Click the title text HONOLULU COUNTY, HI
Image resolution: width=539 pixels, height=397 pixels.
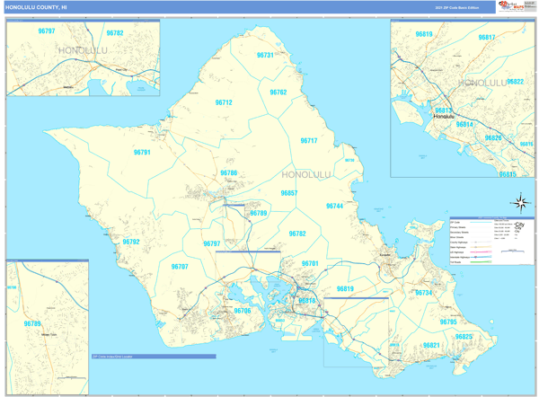[36, 7]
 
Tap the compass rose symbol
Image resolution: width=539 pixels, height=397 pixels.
[522, 203]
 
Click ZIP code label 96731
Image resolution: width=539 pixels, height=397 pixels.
[265, 56]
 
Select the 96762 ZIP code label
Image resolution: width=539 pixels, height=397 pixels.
[278, 93]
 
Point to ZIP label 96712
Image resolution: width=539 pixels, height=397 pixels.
[224, 103]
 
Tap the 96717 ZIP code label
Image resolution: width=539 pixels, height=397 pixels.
[308, 141]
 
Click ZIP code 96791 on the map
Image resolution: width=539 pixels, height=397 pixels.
[142, 153]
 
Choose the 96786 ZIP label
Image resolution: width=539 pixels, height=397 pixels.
[229, 173]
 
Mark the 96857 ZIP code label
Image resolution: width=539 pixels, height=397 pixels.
[289, 193]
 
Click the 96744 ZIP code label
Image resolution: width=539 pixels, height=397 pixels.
[334, 207]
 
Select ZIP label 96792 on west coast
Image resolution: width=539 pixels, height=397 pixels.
[131, 243]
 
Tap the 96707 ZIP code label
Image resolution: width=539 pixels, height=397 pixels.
[180, 267]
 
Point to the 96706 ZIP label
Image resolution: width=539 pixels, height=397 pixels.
[243, 311]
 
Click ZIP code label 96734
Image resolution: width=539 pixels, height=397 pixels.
[423, 293]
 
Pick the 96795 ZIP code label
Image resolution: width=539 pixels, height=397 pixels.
[448, 322]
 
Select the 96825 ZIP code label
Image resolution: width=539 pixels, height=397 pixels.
[464, 337]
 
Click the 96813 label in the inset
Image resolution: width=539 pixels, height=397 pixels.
[443, 110]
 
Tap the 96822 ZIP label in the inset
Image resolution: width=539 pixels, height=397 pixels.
[515, 82]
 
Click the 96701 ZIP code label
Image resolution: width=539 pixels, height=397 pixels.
[310, 264]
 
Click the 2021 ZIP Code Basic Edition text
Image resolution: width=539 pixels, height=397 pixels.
[457, 7]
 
